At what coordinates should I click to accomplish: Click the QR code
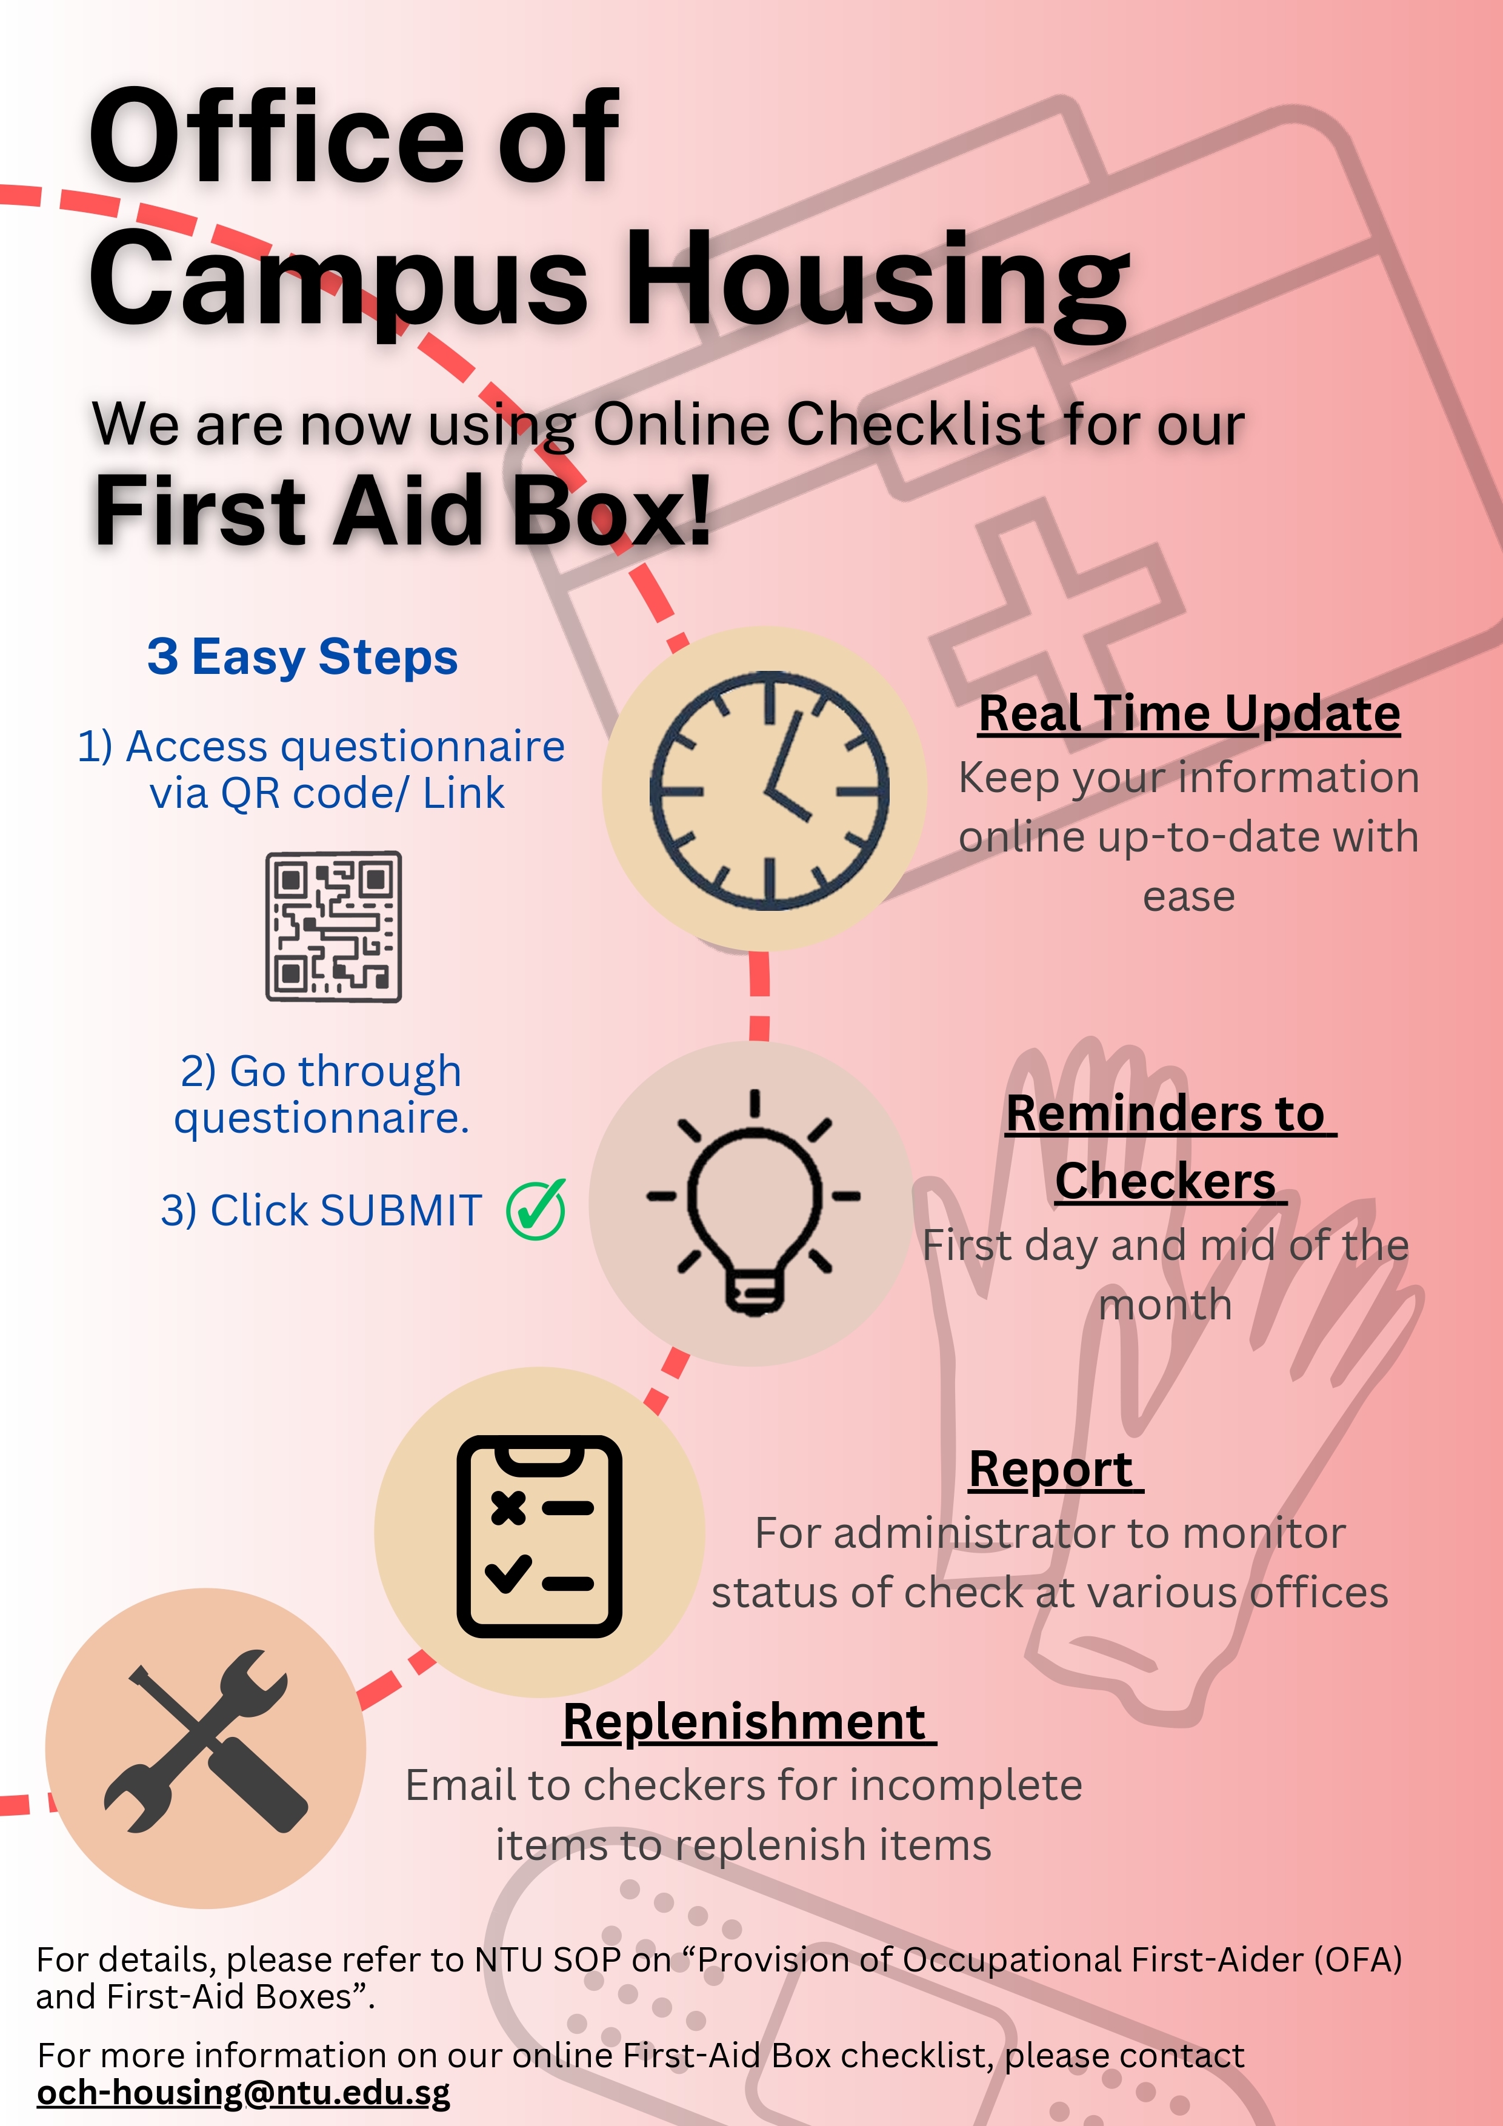[333, 926]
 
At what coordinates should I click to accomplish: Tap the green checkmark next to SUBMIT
[536, 1209]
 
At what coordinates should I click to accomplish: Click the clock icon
[768, 790]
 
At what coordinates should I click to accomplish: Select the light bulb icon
[754, 1202]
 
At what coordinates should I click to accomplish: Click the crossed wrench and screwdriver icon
[205, 1741]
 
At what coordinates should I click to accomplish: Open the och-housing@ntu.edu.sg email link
[244, 2091]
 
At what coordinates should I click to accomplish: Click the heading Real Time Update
[1189, 714]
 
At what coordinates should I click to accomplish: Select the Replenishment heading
[748, 1722]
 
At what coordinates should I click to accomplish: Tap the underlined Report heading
[1056, 1470]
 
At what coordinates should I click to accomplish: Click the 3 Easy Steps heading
[303, 658]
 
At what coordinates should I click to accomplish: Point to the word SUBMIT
[401, 1210]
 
